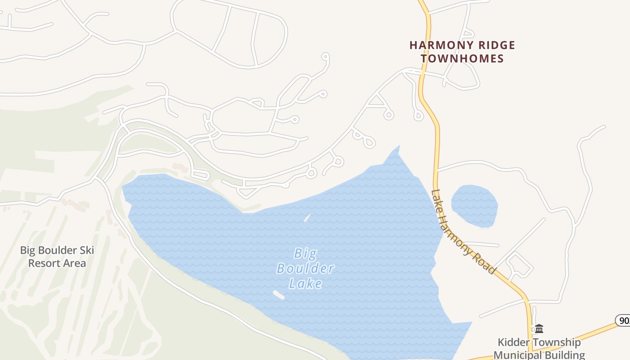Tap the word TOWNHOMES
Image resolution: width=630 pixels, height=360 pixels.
tap(462, 58)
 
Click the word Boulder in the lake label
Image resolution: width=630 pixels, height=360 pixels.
tap(305, 269)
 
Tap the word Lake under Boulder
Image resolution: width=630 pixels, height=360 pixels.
tap(305, 283)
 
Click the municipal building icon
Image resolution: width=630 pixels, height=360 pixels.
tap(539, 328)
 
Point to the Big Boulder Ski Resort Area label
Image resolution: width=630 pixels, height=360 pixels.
tap(57, 256)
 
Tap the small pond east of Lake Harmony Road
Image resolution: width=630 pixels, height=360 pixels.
tap(474, 205)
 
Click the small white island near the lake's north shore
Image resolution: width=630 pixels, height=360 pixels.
tap(307, 218)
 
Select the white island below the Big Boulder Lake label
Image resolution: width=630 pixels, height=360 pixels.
tap(279, 295)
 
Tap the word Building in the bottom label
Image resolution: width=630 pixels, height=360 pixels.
tap(563, 355)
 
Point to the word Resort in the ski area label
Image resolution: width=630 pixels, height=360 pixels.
tap(44, 263)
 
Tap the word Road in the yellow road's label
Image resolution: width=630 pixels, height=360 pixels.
tap(484, 261)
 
